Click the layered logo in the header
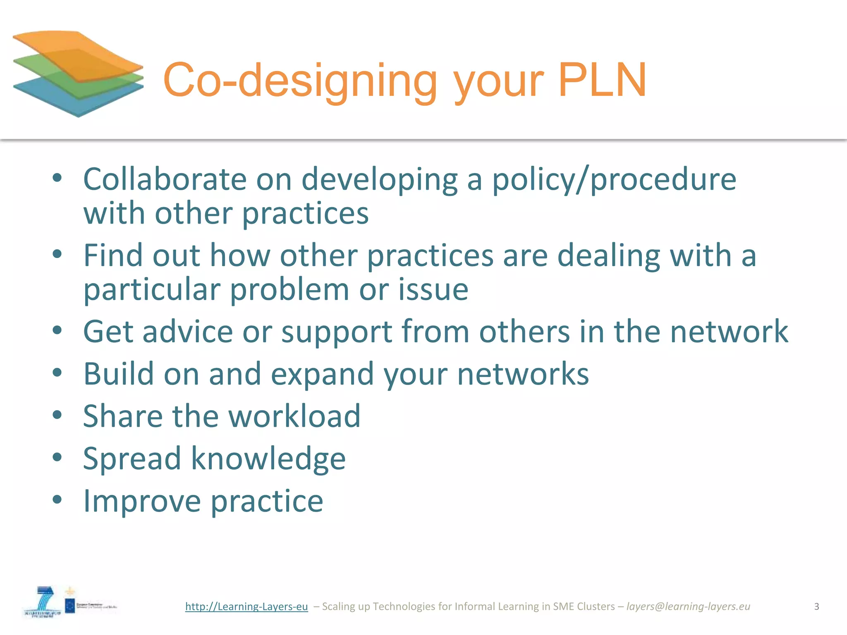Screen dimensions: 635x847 pos(78,73)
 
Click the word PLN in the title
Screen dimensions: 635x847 pos(602,80)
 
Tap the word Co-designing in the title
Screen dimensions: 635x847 pos(300,81)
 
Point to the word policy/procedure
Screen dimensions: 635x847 pos(614,180)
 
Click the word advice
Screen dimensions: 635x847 pos(187,332)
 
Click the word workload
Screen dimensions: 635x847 pos(294,416)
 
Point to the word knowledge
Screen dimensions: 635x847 pos(268,459)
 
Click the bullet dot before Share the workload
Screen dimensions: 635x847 pos(57,415)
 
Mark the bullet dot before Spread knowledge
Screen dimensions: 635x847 pos(57,457)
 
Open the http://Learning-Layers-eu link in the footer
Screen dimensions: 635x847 pos(246,606)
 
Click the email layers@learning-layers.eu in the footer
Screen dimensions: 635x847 pos(688,606)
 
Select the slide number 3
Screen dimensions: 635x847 pos(816,606)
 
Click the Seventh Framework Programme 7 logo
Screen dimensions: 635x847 pos(43,602)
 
